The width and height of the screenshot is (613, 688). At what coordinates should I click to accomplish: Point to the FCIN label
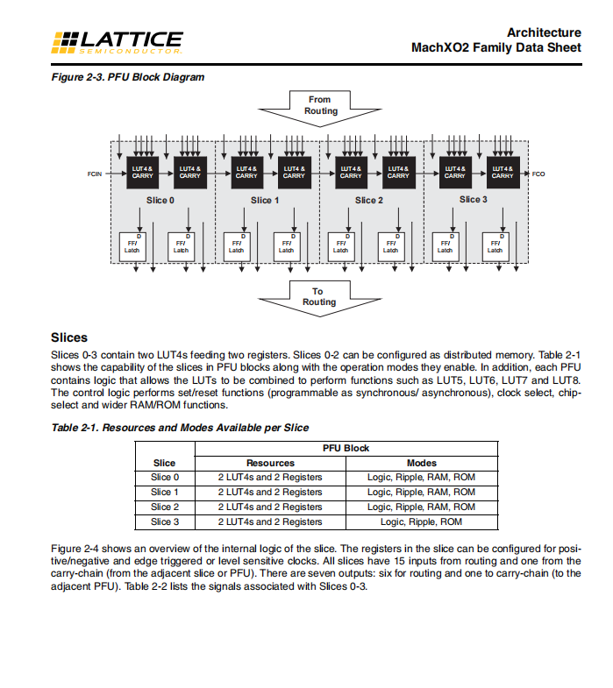94,174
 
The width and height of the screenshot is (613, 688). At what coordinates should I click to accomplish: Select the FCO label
538,174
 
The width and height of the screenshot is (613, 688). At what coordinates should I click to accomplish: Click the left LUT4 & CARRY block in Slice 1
246,172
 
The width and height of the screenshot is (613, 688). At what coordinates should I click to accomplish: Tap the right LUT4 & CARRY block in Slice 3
502,172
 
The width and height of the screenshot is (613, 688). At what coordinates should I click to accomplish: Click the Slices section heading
69,337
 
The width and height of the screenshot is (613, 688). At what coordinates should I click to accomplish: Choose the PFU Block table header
346,448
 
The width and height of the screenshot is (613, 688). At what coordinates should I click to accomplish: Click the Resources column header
270,463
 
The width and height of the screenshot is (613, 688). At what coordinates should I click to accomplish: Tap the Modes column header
422,463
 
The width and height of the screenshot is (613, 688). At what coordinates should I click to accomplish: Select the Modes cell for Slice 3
422,521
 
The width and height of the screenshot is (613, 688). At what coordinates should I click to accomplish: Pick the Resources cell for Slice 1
270,492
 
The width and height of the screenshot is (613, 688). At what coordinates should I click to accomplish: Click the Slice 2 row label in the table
165,507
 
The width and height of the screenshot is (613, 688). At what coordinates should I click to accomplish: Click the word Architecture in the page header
543,32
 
